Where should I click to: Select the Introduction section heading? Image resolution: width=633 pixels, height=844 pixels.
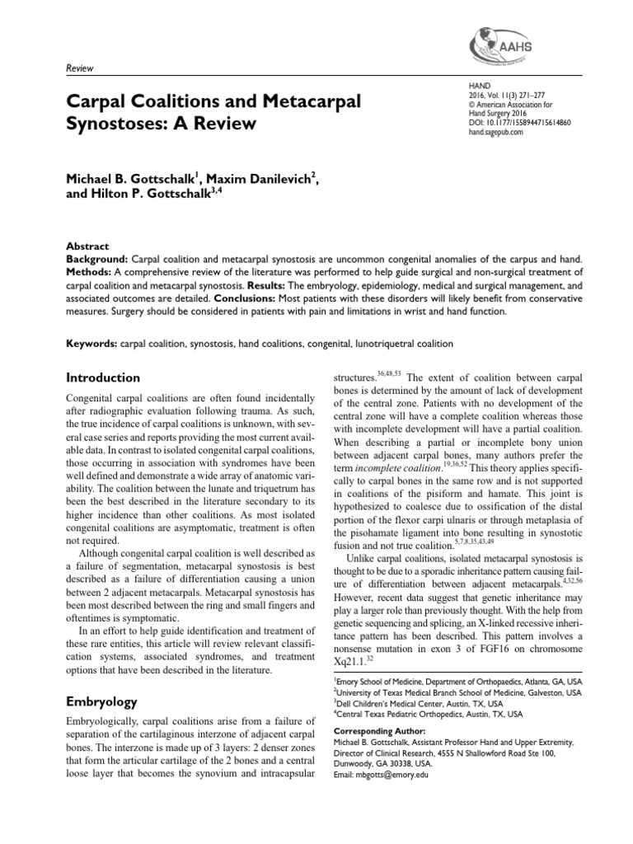click(102, 377)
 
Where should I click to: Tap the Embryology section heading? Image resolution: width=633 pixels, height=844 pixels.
click(101, 701)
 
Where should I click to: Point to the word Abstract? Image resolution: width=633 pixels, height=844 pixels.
click(85, 245)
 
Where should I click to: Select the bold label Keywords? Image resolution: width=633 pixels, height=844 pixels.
click(90, 342)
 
